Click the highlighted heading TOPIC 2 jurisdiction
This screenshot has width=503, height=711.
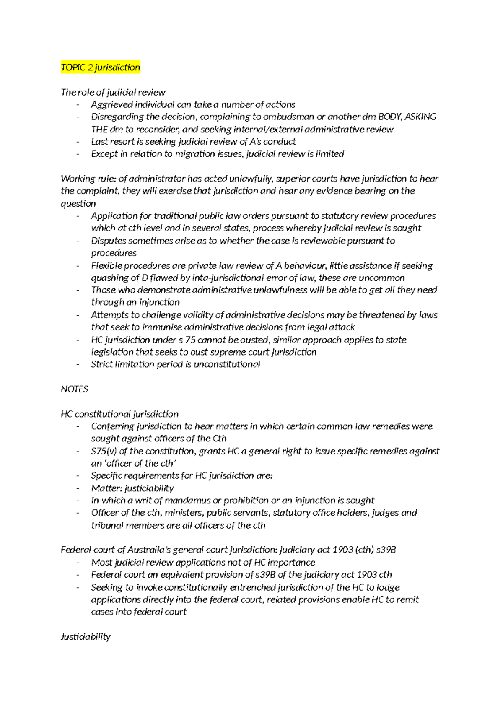pos(101,67)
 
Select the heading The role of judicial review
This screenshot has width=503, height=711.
pos(113,92)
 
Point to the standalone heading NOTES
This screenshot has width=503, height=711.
pos(75,389)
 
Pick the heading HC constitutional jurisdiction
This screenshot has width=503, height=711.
pos(119,414)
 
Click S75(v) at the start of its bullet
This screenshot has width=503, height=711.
pos(104,451)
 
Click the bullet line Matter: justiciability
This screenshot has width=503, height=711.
pos(132,488)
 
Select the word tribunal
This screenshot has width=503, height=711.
pos(107,525)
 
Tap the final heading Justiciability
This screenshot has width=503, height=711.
pos(86,637)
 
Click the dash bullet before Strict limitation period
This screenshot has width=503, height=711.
pos(78,364)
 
